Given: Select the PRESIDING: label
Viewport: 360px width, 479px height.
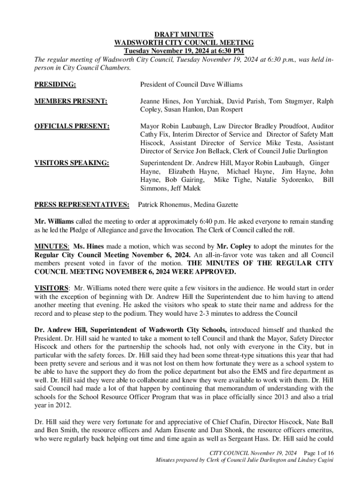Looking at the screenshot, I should pos(55,85).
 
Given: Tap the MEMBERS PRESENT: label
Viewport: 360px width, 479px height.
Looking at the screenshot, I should pos(71,101).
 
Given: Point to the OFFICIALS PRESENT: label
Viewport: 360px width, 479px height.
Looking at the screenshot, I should pos(72,126).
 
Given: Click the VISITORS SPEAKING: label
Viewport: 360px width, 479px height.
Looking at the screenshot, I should pos(72,163).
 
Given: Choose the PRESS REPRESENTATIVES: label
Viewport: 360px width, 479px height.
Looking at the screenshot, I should pos(82,204).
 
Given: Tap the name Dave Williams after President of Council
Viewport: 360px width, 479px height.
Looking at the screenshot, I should pos(223,85).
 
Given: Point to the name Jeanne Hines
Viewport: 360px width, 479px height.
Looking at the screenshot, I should pos(158,101).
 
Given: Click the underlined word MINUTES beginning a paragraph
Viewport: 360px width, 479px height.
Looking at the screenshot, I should pos(51,246).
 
